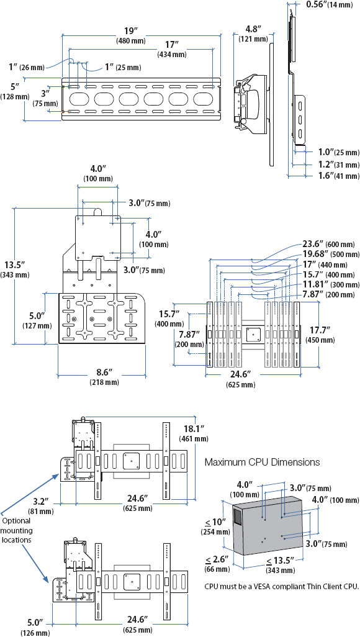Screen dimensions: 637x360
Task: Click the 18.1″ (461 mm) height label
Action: tap(194, 434)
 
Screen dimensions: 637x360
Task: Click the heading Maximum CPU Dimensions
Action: tap(262, 462)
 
